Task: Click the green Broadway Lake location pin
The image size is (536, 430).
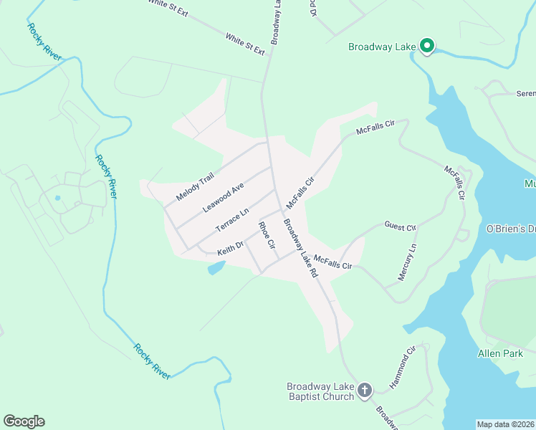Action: click(426, 47)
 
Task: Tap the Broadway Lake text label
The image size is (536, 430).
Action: click(381, 47)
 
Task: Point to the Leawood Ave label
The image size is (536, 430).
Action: click(223, 196)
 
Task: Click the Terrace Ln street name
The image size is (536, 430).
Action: click(232, 219)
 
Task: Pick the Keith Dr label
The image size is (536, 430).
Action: click(231, 248)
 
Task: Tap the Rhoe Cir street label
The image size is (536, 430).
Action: click(267, 235)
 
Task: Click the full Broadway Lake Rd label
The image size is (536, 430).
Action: click(300, 249)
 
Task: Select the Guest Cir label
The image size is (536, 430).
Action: click(400, 227)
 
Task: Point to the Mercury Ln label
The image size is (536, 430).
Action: click(407, 262)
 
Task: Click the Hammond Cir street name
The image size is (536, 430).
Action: click(403, 368)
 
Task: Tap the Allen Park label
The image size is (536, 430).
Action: click(499, 353)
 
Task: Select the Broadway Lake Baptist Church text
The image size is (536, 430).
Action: click(320, 391)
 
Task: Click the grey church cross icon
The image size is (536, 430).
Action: click(365, 391)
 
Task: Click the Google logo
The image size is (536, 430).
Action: click(24, 421)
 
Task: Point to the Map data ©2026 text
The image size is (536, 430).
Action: click(506, 424)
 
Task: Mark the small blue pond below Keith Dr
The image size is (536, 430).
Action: click(216, 268)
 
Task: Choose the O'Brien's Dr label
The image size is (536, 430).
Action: click(511, 229)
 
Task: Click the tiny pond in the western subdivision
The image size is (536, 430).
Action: click(57, 197)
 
